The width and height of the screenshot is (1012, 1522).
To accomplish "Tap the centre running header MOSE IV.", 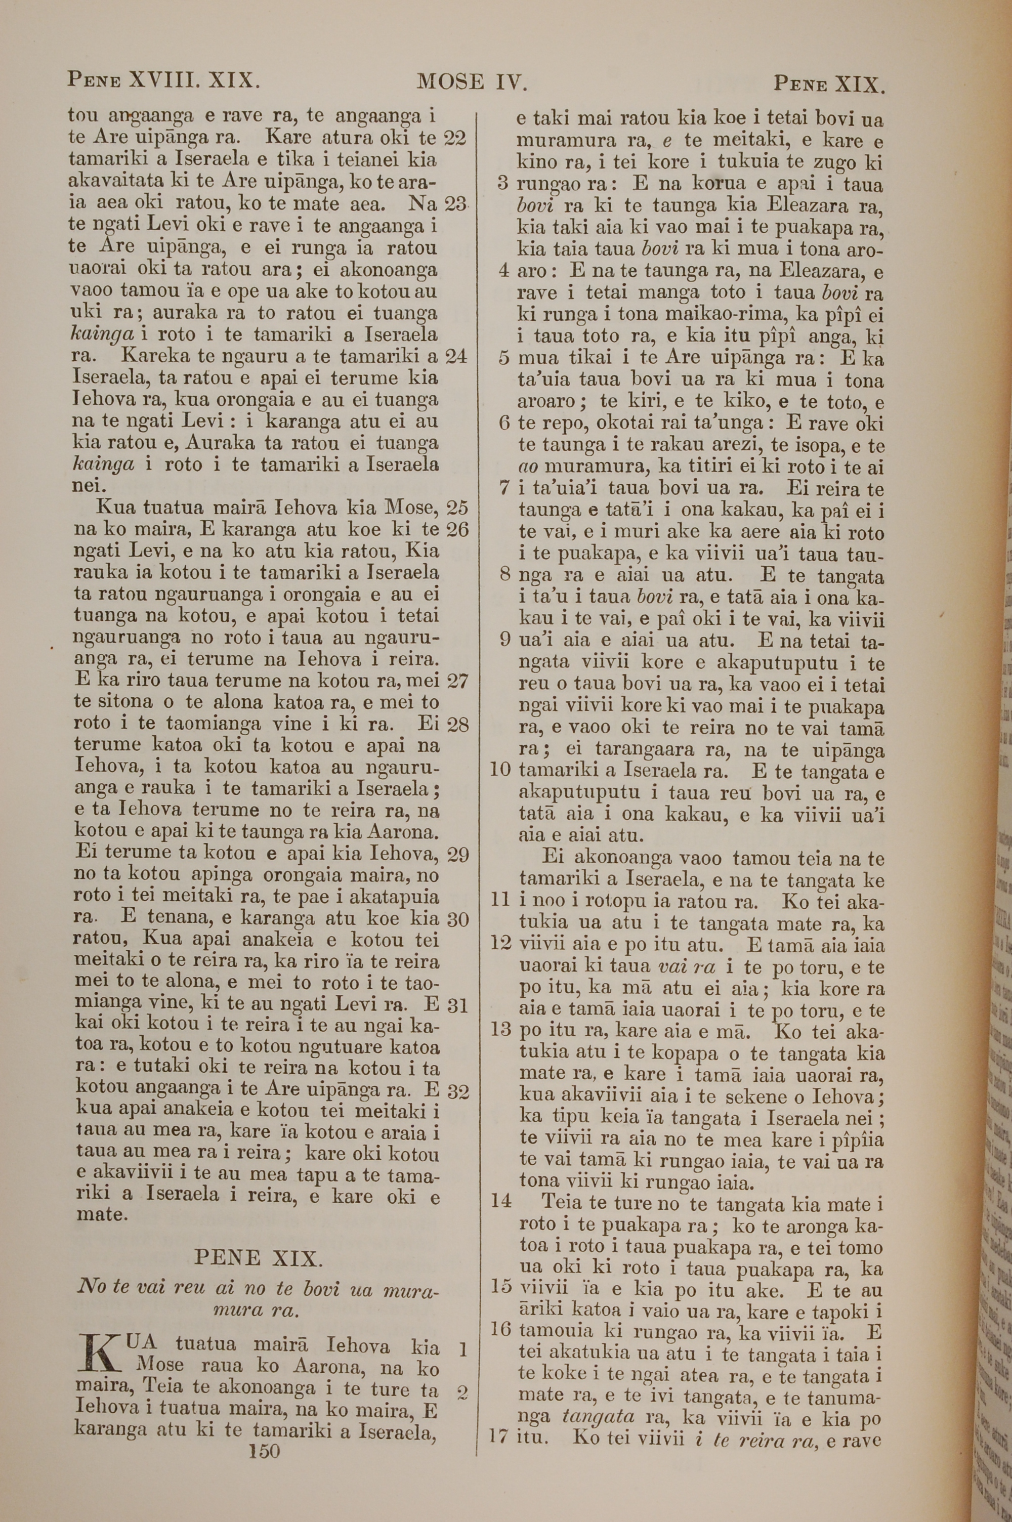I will [473, 81].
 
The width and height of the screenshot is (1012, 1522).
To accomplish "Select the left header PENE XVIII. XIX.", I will [164, 80].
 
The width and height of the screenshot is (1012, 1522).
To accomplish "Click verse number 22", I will [455, 138].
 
